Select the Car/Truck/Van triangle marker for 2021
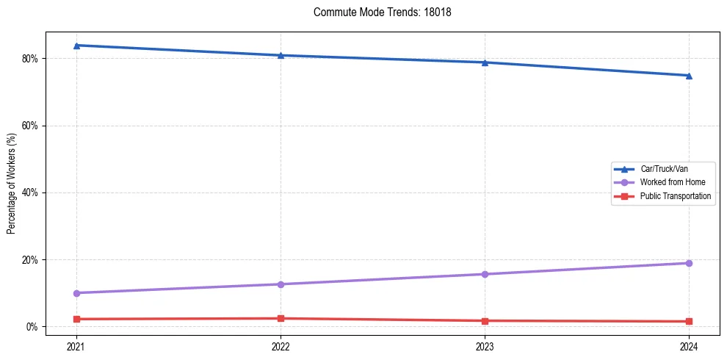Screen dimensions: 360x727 76,46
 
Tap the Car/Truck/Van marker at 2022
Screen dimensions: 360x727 281,55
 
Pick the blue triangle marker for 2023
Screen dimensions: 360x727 485,62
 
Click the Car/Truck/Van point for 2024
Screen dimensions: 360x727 689,76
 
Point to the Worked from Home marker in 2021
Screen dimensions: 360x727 76,293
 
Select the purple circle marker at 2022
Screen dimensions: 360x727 281,284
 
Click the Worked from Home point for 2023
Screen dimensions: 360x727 485,274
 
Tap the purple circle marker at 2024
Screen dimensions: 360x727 689,263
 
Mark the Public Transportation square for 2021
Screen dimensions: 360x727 76,319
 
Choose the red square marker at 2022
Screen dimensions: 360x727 281,318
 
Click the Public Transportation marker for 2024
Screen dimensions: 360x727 689,321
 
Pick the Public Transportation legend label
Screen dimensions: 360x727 675,196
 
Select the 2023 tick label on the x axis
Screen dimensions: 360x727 485,346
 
